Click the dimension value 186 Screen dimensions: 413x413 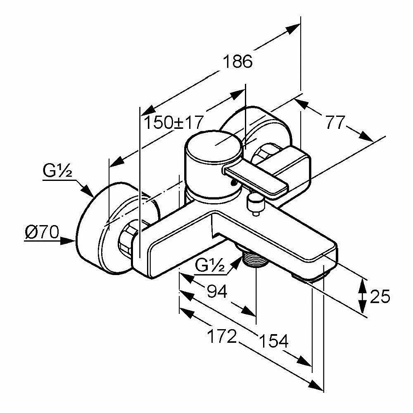237,62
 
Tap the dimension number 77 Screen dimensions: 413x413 335,122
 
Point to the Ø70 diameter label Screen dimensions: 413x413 41,233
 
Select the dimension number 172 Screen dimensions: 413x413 222,337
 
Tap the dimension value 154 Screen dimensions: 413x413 273,341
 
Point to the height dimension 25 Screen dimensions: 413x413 380,296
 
